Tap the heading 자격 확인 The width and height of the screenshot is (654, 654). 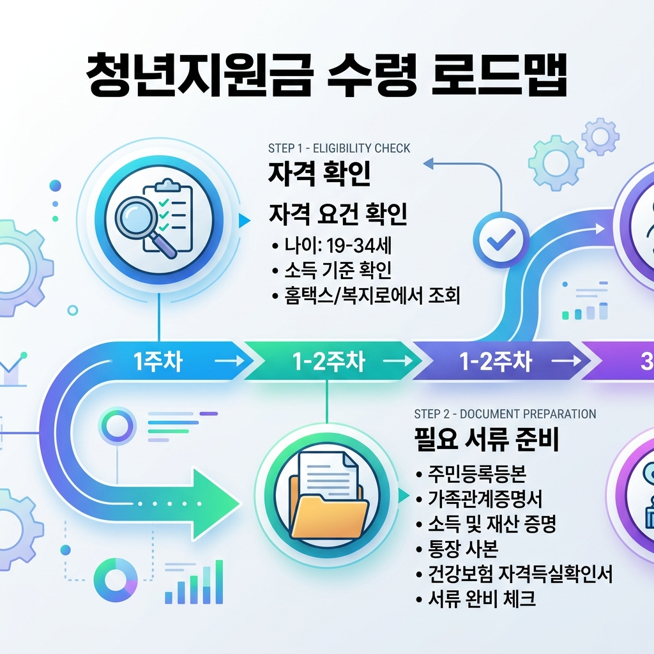point(319,173)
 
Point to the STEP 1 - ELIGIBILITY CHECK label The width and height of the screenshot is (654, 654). point(339,148)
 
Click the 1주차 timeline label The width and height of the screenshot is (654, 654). point(158,362)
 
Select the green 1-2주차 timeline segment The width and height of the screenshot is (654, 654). point(329,362)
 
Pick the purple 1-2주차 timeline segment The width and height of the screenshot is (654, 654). point(496,362)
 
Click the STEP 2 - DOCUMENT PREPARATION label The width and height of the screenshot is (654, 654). point(505,414)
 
